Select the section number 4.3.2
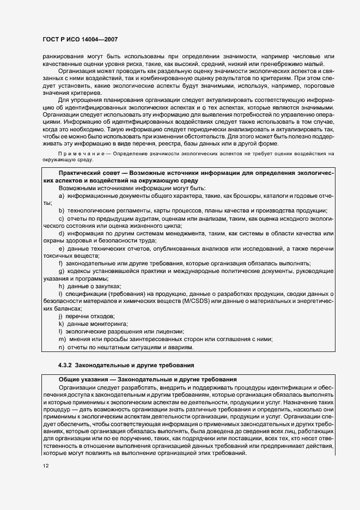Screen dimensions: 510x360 click(66, 365)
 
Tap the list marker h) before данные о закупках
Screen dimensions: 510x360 click(62, 286)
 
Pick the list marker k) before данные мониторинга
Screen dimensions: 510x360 click(62, 324)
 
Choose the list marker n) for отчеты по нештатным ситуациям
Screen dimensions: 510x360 click(62, 347)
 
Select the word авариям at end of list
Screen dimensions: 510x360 click(179, 347)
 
